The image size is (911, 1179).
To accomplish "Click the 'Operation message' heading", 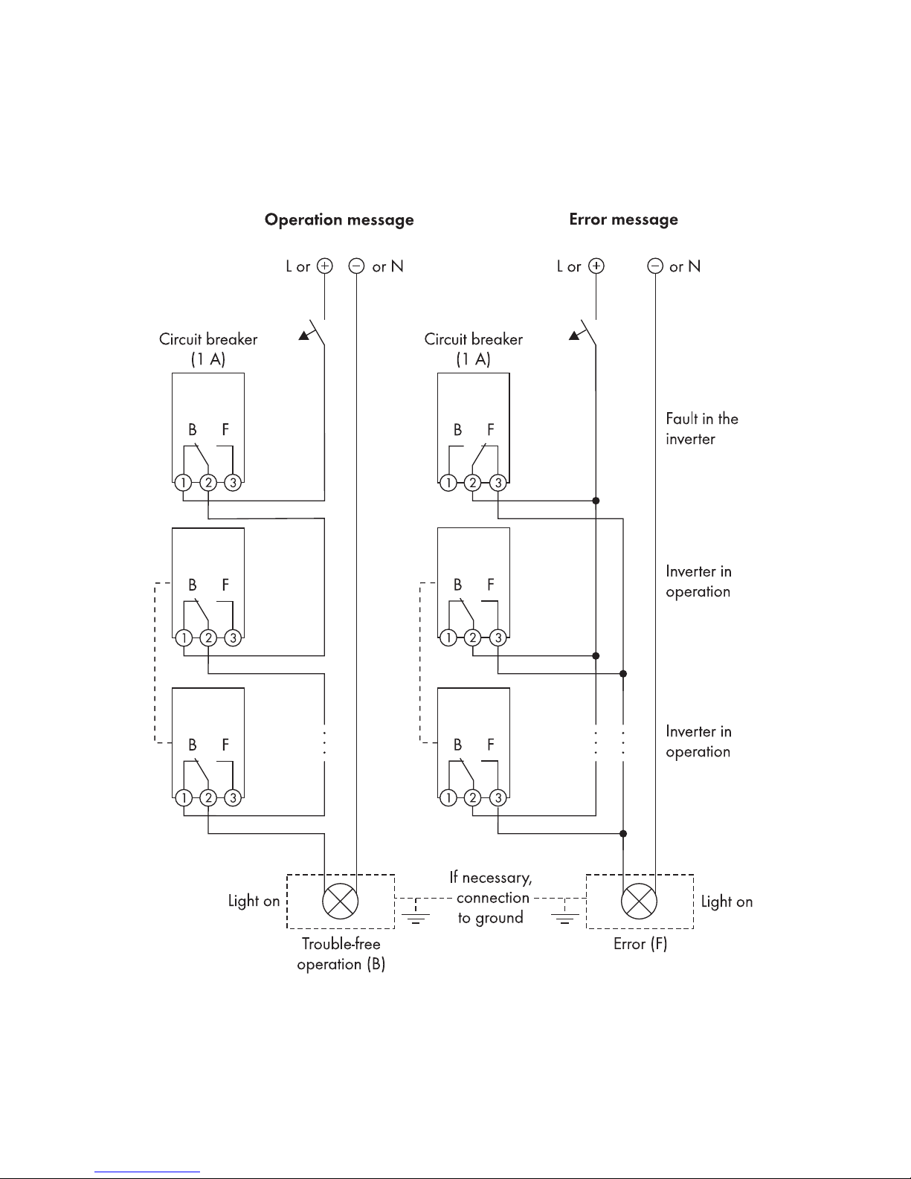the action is coord(339,219).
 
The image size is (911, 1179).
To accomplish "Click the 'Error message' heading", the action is coord(624,219).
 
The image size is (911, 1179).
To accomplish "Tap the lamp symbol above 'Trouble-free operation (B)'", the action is coord(341,902).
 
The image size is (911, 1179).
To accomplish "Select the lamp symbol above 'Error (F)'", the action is coord(639,902).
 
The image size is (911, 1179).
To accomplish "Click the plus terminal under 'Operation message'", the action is coord(325,266).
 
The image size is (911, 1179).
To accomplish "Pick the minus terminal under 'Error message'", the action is coord(655,266).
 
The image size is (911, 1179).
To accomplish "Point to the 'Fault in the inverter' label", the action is coord(702,428).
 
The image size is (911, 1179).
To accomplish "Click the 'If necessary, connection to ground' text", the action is coord(491,897).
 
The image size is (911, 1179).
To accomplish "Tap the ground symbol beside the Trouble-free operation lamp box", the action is coord(416,916).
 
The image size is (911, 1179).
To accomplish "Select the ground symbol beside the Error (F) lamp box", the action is coord(564,916).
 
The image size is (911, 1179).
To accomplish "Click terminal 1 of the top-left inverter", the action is coord(183,482).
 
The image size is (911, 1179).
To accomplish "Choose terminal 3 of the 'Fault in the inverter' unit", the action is coord(498,482).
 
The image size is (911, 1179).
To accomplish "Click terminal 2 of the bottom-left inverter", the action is coord(208,797).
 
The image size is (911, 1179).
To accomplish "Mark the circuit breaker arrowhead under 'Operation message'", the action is coord(304,336).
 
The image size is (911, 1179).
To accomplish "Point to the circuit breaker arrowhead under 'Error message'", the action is coord(574,336).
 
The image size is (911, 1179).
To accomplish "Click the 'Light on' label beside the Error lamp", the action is coord(727,902).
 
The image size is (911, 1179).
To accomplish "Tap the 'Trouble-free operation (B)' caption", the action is coord(341,954).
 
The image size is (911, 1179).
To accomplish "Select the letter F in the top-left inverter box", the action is coord(225,429).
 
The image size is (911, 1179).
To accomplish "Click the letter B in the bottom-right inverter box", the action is coord(457,745).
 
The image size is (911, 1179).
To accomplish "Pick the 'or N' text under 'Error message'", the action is coord(685,266).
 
